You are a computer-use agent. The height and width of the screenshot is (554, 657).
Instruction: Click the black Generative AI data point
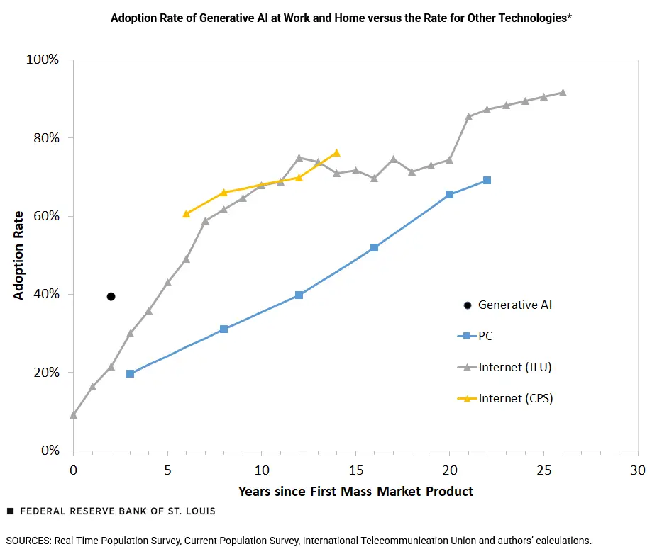[x=111, y=296]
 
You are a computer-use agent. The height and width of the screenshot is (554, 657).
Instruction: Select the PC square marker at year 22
[x=487, y=180]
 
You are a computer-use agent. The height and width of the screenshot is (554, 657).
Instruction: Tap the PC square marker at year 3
[x=130, y=373]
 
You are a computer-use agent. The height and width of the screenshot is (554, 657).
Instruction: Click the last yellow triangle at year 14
[x=336, y=153]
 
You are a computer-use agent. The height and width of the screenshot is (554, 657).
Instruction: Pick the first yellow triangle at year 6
[x=186, y=213]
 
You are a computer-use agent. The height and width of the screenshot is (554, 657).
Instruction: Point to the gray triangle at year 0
[x=73, y=415]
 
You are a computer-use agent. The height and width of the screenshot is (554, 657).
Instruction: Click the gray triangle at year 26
[x=563, y=93]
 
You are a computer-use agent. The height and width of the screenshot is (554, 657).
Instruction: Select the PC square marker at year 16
[x=374, y=247]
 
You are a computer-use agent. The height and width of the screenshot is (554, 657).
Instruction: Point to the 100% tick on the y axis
[x=42, y=60]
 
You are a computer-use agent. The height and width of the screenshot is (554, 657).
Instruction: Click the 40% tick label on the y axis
[x=45, y=294]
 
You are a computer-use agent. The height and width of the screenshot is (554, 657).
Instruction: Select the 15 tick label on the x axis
[x=355, y=470]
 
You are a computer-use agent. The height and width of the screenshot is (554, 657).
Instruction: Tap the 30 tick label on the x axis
[x=638, y=470]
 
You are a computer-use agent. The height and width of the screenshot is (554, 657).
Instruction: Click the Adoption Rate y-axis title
[x=18, y=255]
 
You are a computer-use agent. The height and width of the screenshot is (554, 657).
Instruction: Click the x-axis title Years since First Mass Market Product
[x=355, y=491]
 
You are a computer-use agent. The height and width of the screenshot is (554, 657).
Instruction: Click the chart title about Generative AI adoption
[x=341, y=18]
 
